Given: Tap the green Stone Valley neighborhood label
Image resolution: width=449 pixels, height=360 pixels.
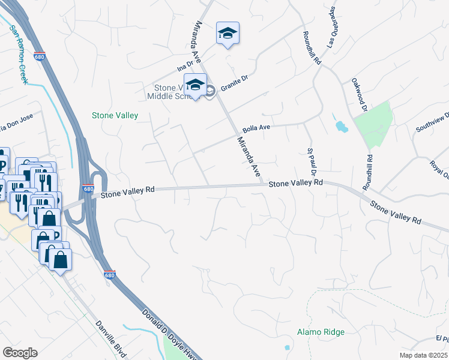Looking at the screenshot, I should click(x=115, y=115).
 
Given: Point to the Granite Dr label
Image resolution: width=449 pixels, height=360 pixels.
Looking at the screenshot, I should click(x=234, y=82).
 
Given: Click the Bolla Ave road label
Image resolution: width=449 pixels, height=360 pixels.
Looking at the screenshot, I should click(x=256, y=128).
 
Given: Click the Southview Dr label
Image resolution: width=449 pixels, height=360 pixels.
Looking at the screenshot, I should click(x=433, y=122).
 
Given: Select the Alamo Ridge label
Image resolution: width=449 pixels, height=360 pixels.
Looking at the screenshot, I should click(x=321, y=332).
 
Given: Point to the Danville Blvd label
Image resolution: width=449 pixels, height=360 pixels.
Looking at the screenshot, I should click(x=111, y=340).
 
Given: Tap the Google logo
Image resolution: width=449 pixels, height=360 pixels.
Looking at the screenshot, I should click(x=20, y=353).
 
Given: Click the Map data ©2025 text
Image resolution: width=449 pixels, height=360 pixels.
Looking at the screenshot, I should click(x=423, y=355).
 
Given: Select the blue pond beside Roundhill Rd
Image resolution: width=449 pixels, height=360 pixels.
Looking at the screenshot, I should click(x=341, y=127).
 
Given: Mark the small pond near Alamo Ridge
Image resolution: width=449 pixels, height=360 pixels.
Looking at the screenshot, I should click(x=287, y=347).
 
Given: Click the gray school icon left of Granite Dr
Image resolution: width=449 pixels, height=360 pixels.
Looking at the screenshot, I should click(x=209, y=91).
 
